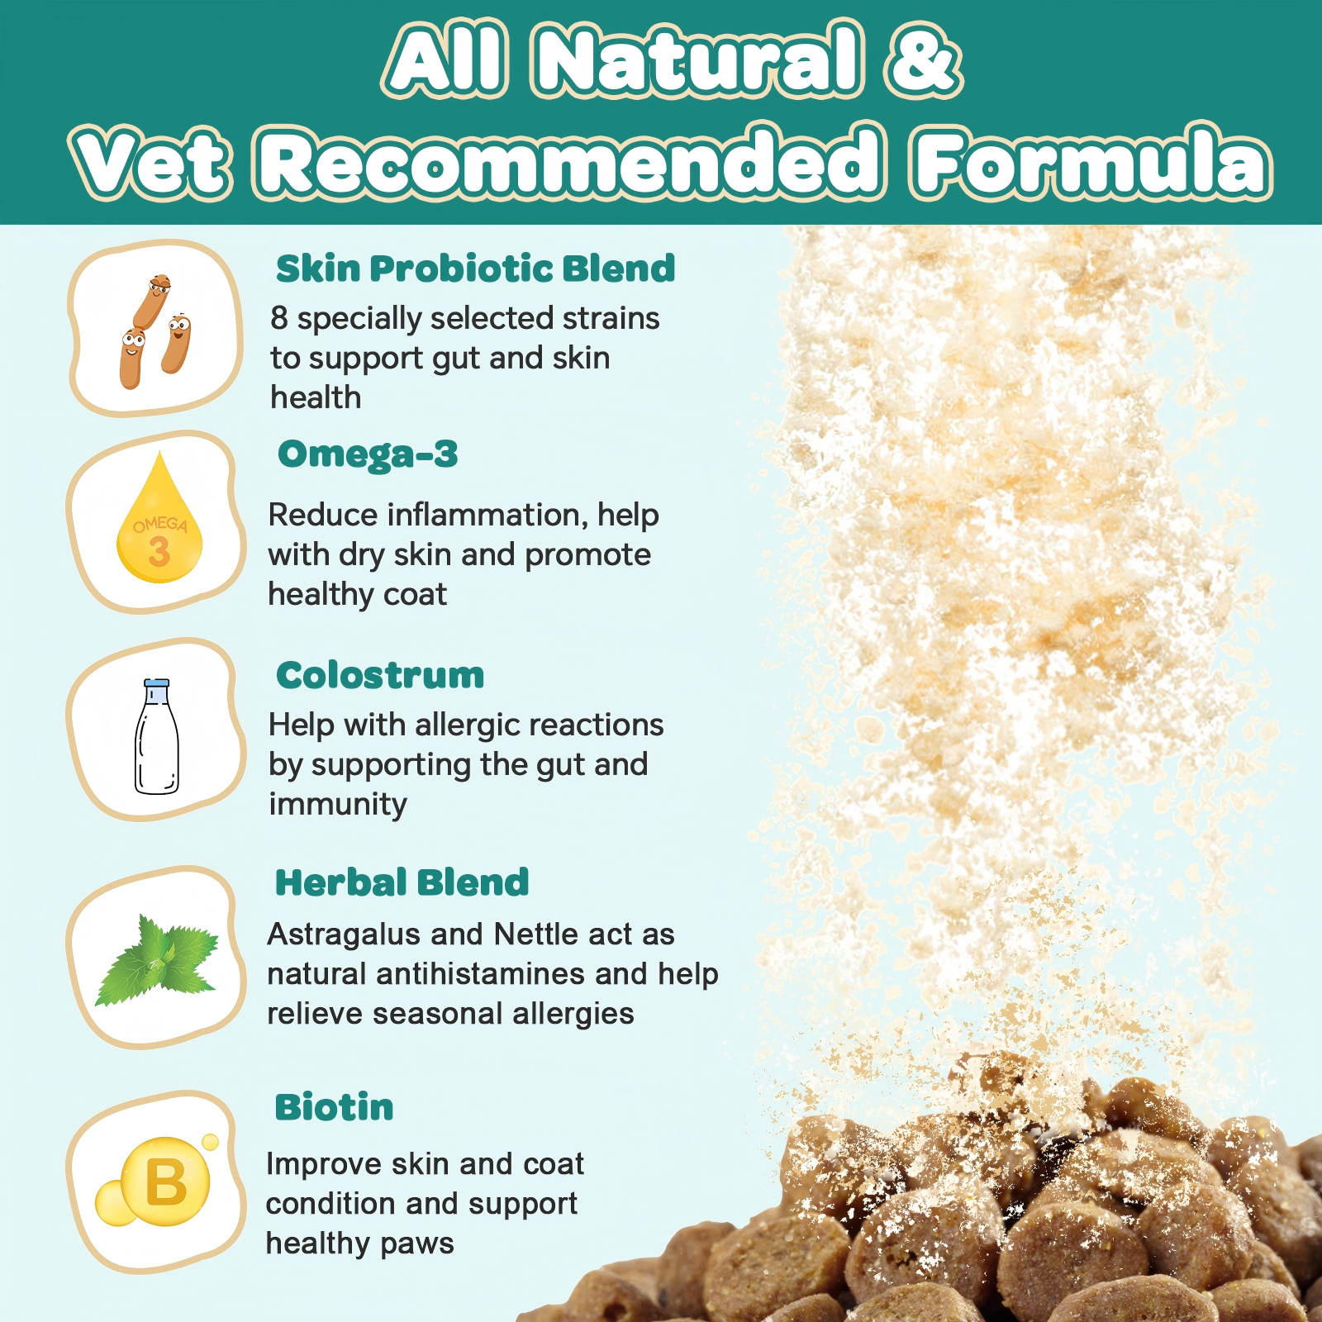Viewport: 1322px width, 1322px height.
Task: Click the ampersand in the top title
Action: [x=924, y=59]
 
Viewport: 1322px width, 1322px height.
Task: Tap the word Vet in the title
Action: [x=150, y=162]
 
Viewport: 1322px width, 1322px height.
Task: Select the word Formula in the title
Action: [x=1091, y=160]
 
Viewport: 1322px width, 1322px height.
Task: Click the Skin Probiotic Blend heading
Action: [x=475, y=269]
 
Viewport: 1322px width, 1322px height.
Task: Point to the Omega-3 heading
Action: [x=368, y=454]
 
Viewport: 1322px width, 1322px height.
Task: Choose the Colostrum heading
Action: [x=380, y=675]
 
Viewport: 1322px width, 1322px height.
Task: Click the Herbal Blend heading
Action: [x=402, y=882]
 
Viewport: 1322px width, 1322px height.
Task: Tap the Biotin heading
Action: [x=334, y=1107]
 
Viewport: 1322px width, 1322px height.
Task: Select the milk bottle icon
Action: [x=156, y=736]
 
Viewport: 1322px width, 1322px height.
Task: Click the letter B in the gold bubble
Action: [x=166, y=1182]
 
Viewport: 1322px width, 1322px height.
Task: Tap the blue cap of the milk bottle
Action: [x=156, y=683]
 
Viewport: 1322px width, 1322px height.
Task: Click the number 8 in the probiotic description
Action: [x=279, y=318]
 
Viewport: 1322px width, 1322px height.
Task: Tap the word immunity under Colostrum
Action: [x=338, y=805]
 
